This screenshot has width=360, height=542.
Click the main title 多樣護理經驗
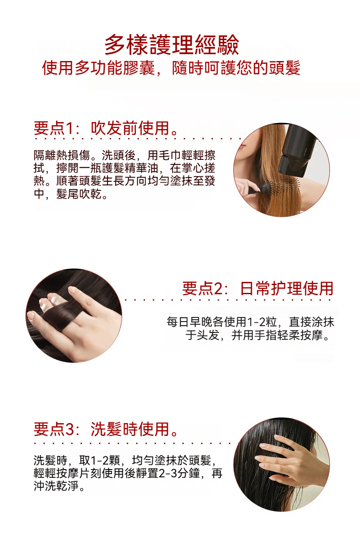click(x=171, y=45)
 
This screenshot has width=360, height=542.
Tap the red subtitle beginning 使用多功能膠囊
click(x=171, y=68)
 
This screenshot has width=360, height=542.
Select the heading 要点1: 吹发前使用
click(x=106, y=128)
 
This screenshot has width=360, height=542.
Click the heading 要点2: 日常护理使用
click(x=257, y=288)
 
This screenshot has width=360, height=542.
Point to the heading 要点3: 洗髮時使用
click(x=106, y=430)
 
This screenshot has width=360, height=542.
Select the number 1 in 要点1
click(x=68, y=128)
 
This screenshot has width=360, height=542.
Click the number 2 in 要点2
click(x=218, y=289)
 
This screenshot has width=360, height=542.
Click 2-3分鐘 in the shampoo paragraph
click(x=179, y=473)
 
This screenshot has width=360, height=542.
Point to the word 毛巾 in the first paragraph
click(x=170, y=155)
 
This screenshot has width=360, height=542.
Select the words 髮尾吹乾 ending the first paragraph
click(x=79, y=194)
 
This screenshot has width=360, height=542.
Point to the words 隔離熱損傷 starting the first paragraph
click(x=62, y=155)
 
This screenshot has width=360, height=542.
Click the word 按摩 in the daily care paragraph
click(x=311, y=335)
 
